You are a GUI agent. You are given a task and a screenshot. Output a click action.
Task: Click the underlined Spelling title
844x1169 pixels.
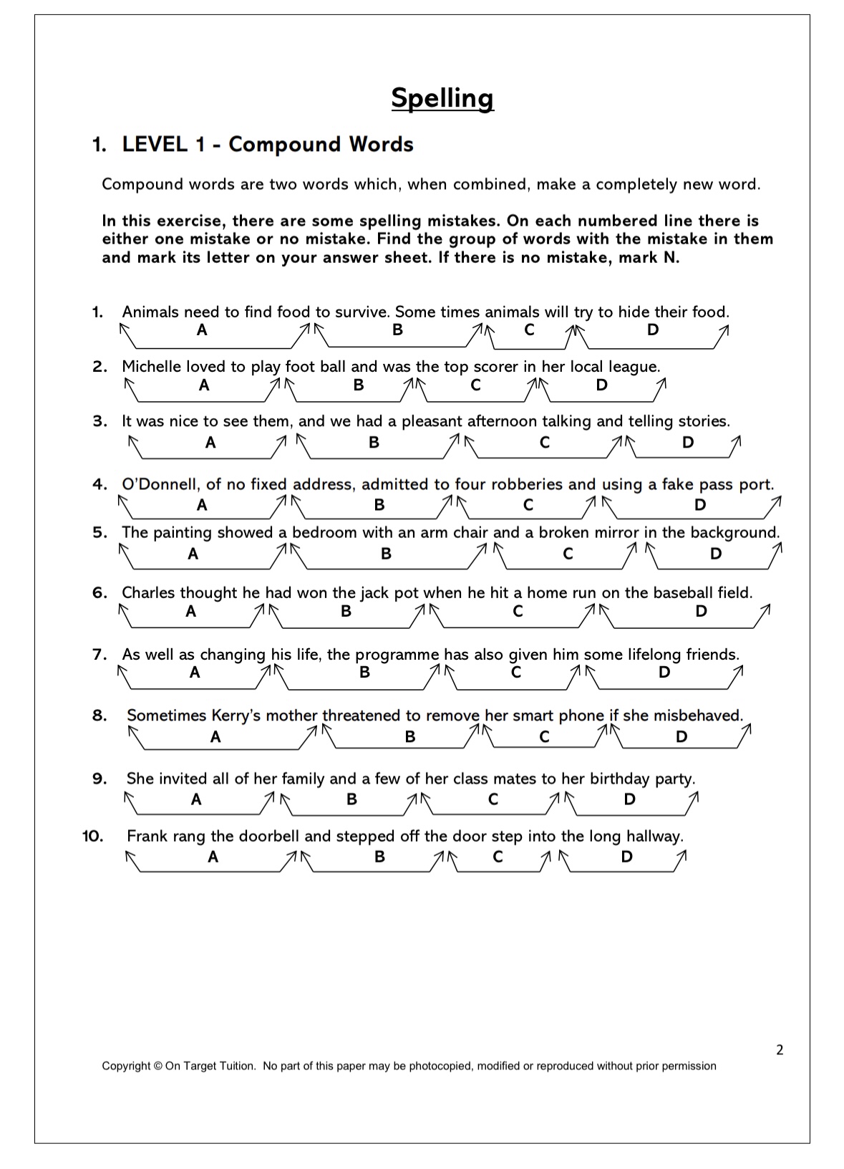442,98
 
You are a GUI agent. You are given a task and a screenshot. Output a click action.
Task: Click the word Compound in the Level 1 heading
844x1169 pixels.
285,145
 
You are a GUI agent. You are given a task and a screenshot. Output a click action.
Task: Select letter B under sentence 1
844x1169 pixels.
397,329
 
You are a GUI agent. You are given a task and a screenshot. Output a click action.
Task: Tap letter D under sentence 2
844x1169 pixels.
601,385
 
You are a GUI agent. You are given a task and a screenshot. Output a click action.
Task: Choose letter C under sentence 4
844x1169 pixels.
528,505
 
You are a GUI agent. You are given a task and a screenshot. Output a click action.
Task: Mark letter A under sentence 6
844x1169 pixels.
190,611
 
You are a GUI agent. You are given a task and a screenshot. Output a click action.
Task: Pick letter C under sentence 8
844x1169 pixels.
544,737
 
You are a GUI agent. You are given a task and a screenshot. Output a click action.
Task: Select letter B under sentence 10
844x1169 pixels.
379,857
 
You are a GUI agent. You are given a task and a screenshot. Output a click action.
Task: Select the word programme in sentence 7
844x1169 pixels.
397,655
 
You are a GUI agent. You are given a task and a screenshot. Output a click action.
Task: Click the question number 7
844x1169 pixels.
100,655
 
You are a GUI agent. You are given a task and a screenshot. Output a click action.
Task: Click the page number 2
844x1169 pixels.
780,1050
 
